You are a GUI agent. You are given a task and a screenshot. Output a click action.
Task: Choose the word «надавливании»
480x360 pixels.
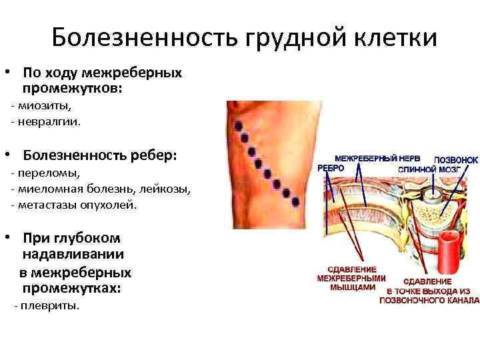(x=73, y=254)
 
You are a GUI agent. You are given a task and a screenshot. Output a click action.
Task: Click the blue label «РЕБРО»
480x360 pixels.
(x=331, y=169)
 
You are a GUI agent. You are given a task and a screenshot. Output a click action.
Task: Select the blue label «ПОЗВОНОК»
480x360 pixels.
(x=456, y=160)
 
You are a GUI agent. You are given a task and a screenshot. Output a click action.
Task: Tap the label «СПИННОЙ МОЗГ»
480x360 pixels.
(x=427, y=169)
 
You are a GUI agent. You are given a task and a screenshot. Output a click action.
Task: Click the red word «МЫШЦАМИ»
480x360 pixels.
(x=351, y=287)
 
